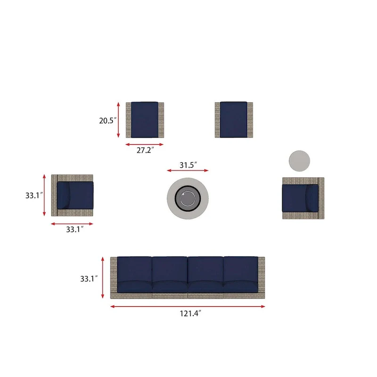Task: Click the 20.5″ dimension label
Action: pyautogui.click(x=108, y=120)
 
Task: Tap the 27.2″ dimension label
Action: pyautogui.click(x=145, y=150)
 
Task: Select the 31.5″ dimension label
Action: pyautogui.click(x=188, y=165)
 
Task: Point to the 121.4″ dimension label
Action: pyautogui.click(x=190, y=313)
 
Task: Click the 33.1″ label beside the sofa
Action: pyautogui.click(x=89, y=279)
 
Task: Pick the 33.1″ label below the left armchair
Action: pyautogui.click(x=75, y=229)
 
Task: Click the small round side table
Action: pyautogui.click(x=299, y=161)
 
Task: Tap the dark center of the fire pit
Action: pyautogui.click(x=188, y=198)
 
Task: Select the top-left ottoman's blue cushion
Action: pyautogui.click(x=145, y=120)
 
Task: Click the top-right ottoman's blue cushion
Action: pyautogui.click(x=233, y=120)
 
